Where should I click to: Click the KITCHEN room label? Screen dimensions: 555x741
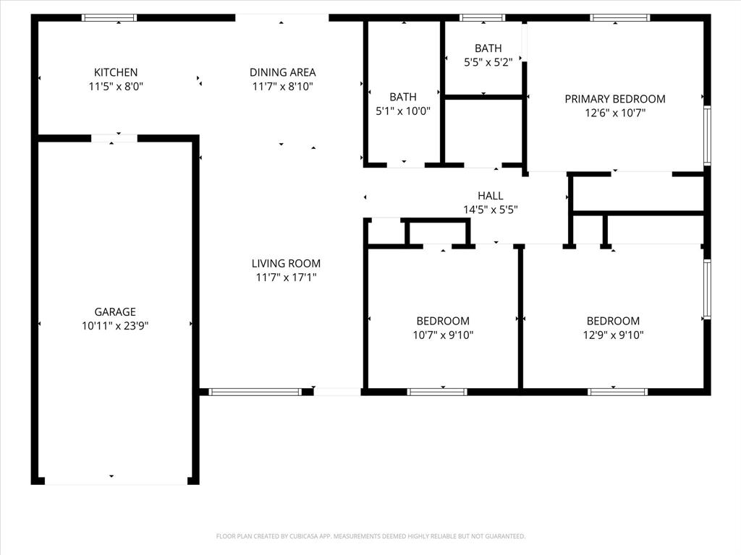tap(116, 72)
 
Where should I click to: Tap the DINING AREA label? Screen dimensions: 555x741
tap(282, 72)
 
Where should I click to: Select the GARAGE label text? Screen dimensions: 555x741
tap(114, 312)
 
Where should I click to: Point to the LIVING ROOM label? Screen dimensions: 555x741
tap(286, 264)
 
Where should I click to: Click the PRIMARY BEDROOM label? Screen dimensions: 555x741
tap(615, 99)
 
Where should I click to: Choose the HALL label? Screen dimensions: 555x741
tap(490, 196)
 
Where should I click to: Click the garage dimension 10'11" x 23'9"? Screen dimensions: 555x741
tap(115, 326)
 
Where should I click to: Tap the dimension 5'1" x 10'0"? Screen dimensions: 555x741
tap(402, 111)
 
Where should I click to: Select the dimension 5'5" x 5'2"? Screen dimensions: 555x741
tap(488, 62)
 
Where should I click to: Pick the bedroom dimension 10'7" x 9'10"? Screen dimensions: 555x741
tap(443, 335)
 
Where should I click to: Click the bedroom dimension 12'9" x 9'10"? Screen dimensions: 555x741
tap(614, 335)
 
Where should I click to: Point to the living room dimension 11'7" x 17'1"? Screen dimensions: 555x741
tap(286, 277)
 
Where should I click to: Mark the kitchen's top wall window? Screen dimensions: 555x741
tap(109, 17)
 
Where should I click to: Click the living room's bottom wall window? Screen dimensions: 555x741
tap(255, 392)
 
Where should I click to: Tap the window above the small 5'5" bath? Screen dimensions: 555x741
tap(482, 17)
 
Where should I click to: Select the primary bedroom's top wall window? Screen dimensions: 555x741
tap(619, 17)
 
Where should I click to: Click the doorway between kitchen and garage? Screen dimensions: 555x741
tap(114, 138)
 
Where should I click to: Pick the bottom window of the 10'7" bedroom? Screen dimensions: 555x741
tap(437, 392)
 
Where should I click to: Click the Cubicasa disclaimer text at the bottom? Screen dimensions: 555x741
tap(370, 536)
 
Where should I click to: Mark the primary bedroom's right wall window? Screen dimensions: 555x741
tap(707, 136)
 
